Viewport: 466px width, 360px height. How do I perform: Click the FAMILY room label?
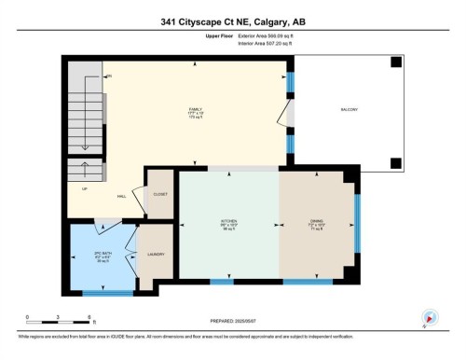coord(196,108)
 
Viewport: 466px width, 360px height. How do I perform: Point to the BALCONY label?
coord(349,109)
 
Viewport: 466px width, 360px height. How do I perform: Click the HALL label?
coord(121,197)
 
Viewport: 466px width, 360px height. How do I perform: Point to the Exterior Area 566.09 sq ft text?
coord(272,35)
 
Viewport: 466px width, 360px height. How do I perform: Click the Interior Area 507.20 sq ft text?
coord(272,42)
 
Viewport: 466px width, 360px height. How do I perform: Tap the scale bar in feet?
coord(58,323)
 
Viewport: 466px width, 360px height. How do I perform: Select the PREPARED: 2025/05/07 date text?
coord(233,323)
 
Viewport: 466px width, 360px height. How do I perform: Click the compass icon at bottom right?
coord(431,317)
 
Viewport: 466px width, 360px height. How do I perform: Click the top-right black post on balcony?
coord(396,62)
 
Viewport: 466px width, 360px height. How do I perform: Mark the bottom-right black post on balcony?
coord(396,164)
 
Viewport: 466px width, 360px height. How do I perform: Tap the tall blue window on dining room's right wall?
coord(357,224)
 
